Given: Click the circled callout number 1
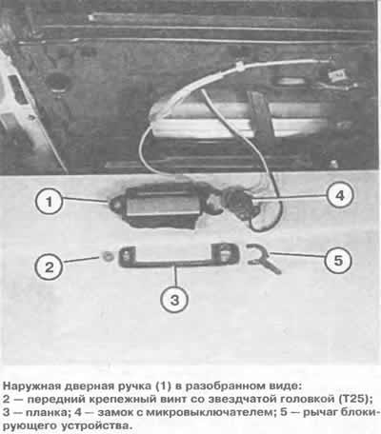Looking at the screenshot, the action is click(49, 201).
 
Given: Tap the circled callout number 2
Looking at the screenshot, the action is click(49, 266).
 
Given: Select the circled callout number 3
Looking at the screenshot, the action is click(174, 299).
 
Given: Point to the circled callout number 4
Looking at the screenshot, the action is click(340, 194).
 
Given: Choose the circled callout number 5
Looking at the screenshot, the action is click(338, 260).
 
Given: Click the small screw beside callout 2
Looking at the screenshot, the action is click(107, 256).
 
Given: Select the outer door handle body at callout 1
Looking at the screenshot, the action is click(159, 206).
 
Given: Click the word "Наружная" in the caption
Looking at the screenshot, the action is click(32, 386).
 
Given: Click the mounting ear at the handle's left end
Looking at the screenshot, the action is click(117, 204).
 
